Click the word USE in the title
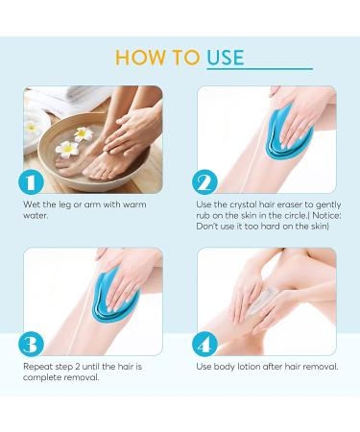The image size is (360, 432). point(227,57)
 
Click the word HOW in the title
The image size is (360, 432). point(141,57)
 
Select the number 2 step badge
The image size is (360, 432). point(204,182)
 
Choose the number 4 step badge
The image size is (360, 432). point(204,344)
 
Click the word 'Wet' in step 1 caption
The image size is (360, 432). point(32,204)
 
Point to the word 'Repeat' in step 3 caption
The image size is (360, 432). point(37,367)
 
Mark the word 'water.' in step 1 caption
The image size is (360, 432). point(36,215)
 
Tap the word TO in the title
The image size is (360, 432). point(187,57)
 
